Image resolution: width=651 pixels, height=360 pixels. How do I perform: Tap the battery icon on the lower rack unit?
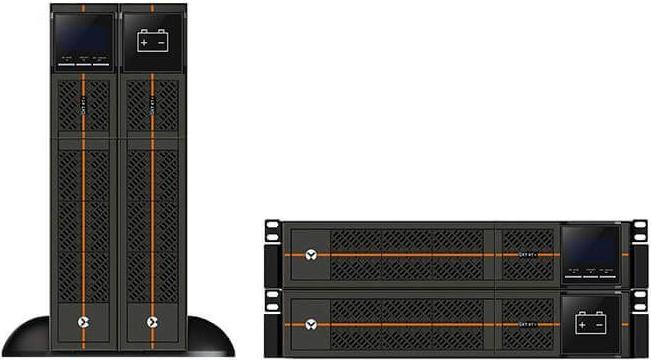tap(589, 322)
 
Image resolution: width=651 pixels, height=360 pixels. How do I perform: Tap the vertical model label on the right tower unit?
tap(152, 111)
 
